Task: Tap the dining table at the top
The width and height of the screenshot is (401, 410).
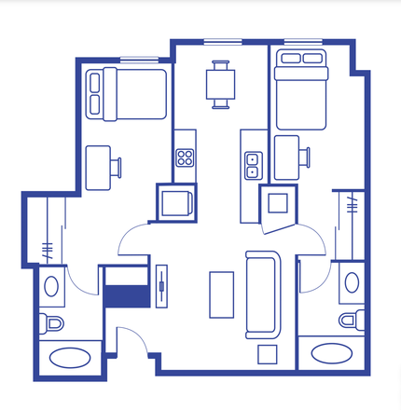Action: pyautogui.click(x=221, y=84)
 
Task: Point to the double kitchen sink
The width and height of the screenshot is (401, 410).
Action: pyautogui.click(x=251, y=166)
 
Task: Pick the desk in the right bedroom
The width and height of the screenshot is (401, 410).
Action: pyautogui.click(x=286, y=155)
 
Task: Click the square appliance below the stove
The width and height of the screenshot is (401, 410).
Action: pyautogui.click(x=174, y=201)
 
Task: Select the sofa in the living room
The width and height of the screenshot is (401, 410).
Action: pyautogui.click(x=261, y=294)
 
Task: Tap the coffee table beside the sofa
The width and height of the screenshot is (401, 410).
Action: pyautogui.click(x=221, y=294)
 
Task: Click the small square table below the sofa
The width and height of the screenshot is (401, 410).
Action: pyautogui.click(x=267, y=354)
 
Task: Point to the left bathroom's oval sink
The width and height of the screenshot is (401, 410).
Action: pyautogui.click(x=51, y=285)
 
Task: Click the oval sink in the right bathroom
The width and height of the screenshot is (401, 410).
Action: pyautogui.click(x=352, y=281)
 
